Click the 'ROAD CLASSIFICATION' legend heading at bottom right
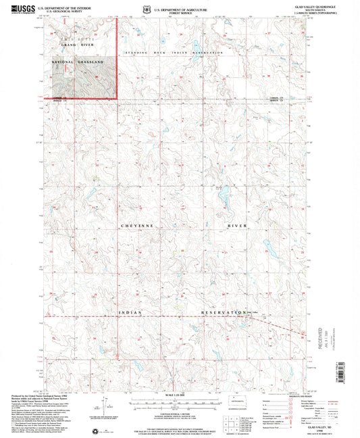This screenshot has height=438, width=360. pos(301,395)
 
